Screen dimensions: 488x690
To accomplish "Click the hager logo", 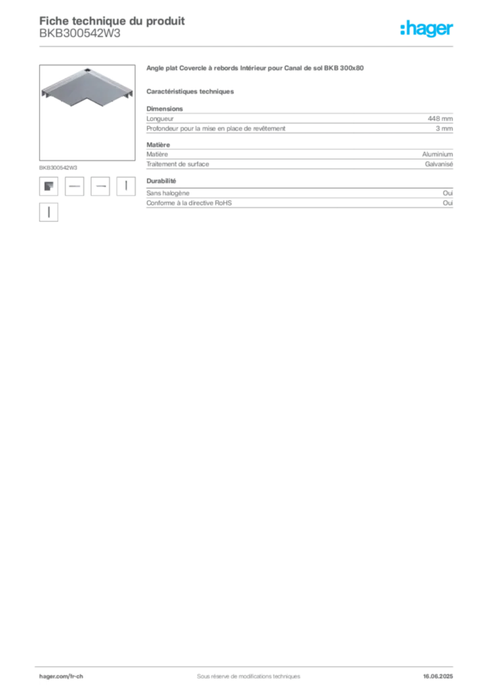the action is point(427,29).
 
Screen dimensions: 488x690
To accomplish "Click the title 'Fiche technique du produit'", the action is point(112,21).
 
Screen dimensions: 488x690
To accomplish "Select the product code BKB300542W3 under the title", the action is point(80,34).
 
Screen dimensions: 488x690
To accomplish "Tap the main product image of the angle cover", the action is point(87,113).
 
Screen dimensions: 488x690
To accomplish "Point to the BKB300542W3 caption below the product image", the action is point(58,168).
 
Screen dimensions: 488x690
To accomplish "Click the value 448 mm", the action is point(440,119).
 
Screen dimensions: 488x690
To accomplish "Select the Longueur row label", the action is point(160,119).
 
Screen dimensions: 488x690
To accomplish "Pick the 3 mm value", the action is point(444,129).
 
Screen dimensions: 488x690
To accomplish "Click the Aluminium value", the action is point(437,154).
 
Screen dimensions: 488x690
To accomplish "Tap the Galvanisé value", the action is point(439,164).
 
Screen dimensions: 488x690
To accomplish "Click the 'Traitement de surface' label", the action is point(178,164).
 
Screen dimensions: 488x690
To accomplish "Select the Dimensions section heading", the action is point(164,108).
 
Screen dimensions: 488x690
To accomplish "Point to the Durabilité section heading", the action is point(161,181).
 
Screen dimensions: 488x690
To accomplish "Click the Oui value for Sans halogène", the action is point(448,193).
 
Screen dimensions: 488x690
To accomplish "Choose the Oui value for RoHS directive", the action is point(448,203).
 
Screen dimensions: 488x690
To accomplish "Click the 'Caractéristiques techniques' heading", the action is point(190,92).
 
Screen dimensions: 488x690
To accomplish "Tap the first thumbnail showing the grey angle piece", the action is point(49,186).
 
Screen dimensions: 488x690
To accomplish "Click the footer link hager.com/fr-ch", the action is point(61,677).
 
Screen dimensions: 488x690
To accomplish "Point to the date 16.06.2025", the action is point(438,677).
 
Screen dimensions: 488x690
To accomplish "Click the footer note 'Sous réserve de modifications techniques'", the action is point(249,677).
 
